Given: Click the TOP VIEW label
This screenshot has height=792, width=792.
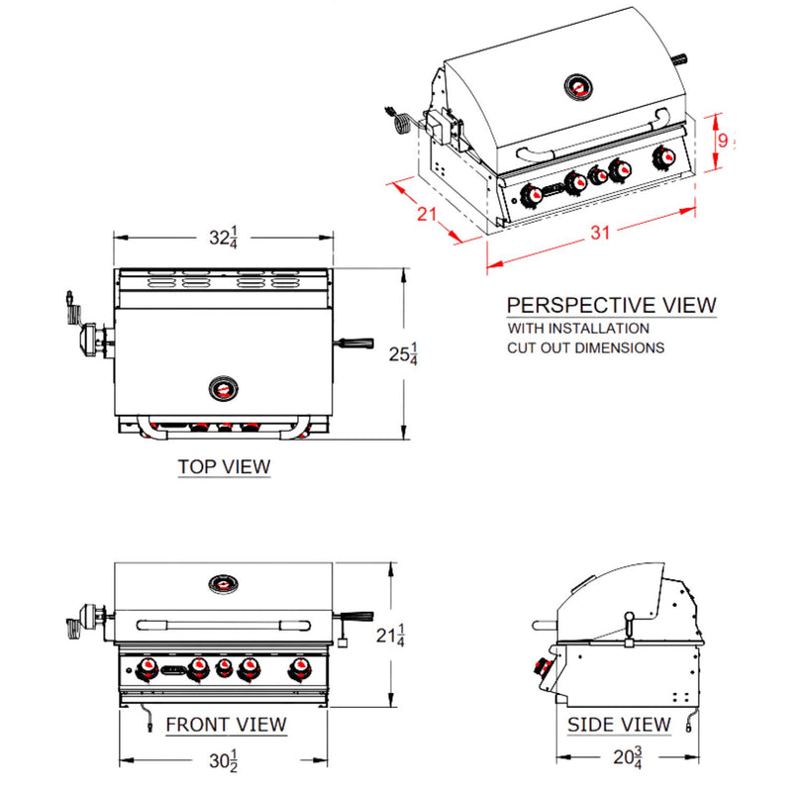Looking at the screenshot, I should [224, 465].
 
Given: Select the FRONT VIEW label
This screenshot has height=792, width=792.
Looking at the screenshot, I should [226, 725].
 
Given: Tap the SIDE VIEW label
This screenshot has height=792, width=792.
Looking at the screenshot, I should [619, 726].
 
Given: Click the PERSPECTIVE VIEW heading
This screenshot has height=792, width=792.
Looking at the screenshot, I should [611, 305].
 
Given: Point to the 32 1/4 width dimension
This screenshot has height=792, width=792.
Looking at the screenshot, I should [223, 238].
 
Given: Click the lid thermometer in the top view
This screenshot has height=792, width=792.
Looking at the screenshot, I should [226, 387].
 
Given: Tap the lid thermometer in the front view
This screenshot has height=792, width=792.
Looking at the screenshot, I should [225, 583].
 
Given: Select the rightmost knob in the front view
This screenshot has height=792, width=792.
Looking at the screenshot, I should [296, 671].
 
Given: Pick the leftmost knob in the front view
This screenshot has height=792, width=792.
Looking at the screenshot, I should [148, 671].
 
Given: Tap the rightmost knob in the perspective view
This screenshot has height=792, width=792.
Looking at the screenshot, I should [664, 157].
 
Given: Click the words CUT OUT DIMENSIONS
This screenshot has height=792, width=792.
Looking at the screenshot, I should [586, 348].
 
